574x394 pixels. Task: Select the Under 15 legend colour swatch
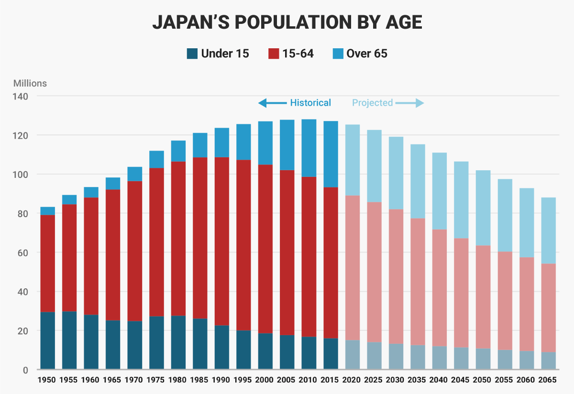[x=192, y=54]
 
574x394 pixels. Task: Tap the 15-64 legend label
[x=298, y=54]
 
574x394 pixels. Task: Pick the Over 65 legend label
[x=367, y=54]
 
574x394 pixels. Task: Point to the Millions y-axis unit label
[x=30, y=83]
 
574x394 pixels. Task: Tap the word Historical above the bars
[x=310, y=103]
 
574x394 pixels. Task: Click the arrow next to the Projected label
[x=410, y=103]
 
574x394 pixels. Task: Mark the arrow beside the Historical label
[x=272, y=103]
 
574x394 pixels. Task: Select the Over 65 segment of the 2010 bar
[x=309, y=148]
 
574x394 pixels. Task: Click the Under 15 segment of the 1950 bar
[x=47, y=340]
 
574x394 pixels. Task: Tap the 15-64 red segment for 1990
[x=221, y=241]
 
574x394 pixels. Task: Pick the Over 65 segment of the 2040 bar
[x=440, y=191]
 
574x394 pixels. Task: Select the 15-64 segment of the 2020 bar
[x=352, y=268]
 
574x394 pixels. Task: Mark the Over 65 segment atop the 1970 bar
[x=134, y=174]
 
